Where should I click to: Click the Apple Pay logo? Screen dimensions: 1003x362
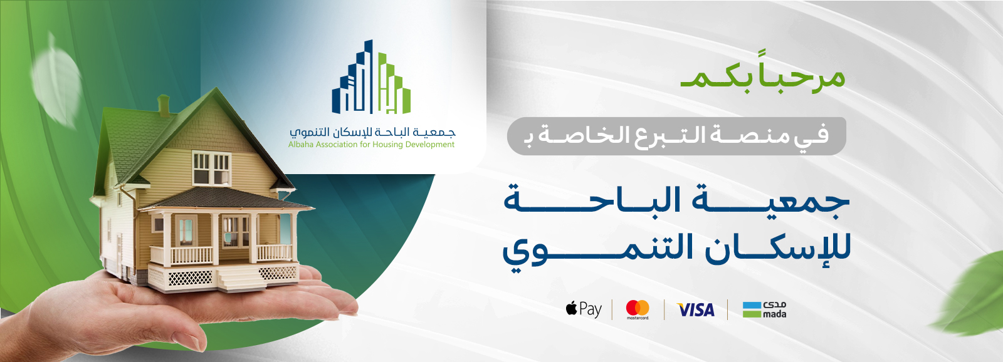click(x=584, y=309)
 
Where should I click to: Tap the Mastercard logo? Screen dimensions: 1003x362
click(x=638, y=309)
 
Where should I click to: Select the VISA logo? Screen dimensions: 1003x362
click(x=695, y=309)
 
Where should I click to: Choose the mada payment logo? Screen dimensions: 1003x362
click(x=764, y=309)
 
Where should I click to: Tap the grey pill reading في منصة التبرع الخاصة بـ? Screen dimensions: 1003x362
click(x=676, y=136)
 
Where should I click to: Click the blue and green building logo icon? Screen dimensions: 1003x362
click(x=371, y=77)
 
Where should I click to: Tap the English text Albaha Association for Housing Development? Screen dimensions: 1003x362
click(x=371, y=145)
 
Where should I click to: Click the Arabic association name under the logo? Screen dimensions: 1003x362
click(x=372, y=132)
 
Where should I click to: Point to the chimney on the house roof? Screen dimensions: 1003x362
click(x=164, y=106)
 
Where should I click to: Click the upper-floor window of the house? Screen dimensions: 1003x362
click(x=211, y=168)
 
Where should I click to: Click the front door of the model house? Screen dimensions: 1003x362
click(x=186, y=231)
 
